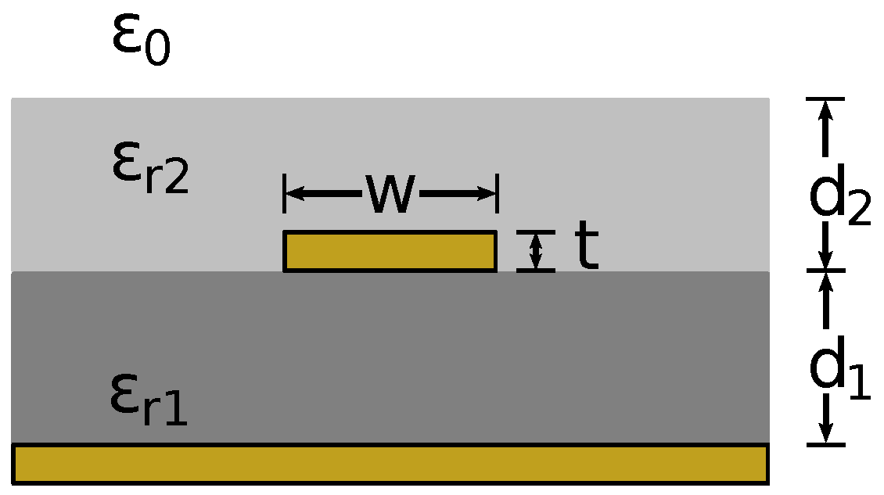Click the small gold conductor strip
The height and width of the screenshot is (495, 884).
tap(390, 251)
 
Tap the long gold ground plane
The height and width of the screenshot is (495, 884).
tap(390, 463)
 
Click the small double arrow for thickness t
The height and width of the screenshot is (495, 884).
tap(536, 251)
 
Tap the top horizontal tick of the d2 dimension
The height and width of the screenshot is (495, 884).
tap(825, 99)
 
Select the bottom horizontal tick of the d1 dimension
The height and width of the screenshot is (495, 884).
tap(825, 445)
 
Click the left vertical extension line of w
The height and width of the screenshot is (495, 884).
tap(285, 193)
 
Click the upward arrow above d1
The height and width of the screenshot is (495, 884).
tap(825, 286)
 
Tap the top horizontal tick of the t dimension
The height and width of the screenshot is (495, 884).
tap(536, 231)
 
